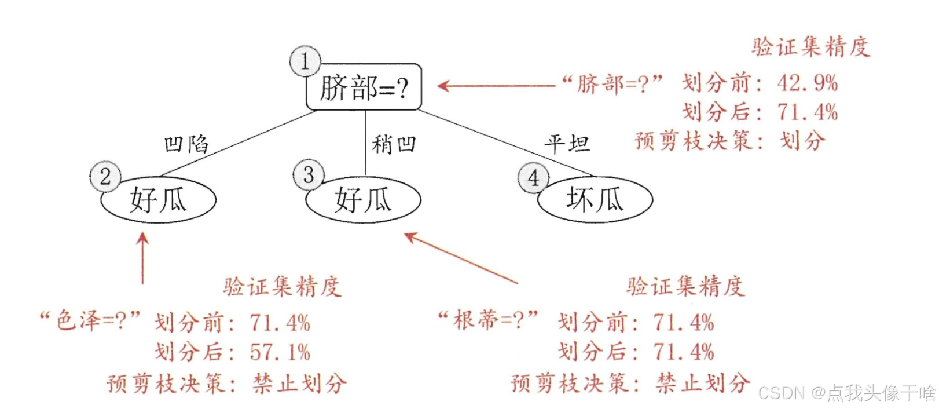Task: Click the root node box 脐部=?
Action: coord(364,87)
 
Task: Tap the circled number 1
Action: coord(305,61)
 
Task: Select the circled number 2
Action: coord(105,177)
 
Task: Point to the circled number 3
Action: coord(308,174)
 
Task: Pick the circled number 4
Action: coord(533,177)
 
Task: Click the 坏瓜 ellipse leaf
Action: coord(595,200)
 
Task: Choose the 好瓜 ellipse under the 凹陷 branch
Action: coord(158,200)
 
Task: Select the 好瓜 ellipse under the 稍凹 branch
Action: coord(363,200)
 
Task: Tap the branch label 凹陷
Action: coord(186,144)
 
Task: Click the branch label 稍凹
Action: coord(394,144)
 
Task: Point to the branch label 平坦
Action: coord(567,143)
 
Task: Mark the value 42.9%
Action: coord(807,83)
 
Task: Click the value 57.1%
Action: coord(280,352)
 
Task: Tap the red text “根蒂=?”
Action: coord(489,320)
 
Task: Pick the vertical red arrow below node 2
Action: coord(142,258)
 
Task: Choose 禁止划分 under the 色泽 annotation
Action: coord(299,383)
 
